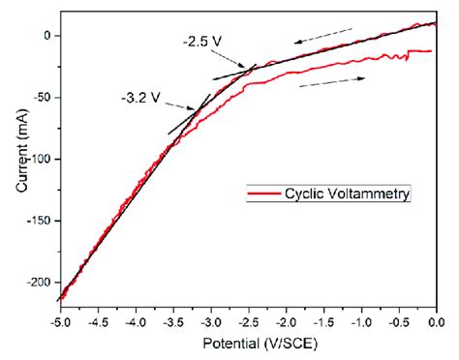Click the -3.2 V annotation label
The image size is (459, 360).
tap(141, 97)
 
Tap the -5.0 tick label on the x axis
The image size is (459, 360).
tap(59, 320)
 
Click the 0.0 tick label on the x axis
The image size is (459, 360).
tap(437, 320)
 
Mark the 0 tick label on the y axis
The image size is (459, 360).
tap(48, 36)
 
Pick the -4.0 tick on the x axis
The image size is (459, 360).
tap(135, 320)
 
